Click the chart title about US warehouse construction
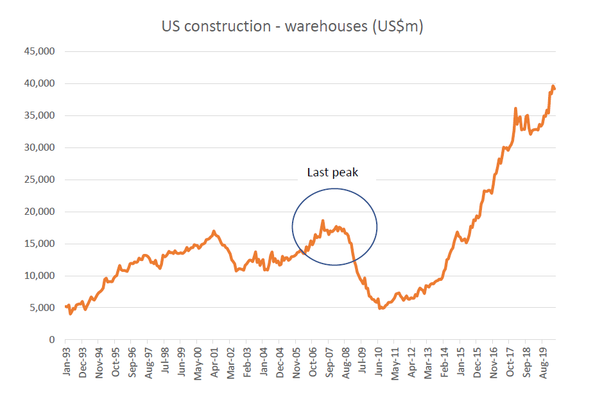[x=291, y=27]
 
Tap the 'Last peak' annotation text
[x=332, y=172]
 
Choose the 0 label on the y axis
[x=52, y=340]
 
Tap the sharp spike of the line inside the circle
[x=322, y=221]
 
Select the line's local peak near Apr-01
[x=214, y=231]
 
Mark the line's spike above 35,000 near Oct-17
[x=515, y=108]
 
